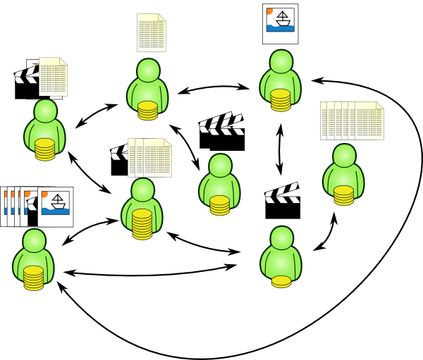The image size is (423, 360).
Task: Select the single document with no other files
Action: pos(151,32)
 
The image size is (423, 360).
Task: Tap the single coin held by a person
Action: pos(281,281)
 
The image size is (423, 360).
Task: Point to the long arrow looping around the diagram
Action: pos(395,211)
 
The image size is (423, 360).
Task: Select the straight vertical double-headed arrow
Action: pos(280,150)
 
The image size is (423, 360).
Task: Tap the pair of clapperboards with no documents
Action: pos(222,132)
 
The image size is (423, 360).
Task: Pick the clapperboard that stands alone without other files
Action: pos(282,201)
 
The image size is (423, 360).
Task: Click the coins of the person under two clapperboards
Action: pos(219,205)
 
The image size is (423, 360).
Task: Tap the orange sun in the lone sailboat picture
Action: pos(269,11)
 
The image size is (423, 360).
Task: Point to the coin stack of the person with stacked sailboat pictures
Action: pos(33,278)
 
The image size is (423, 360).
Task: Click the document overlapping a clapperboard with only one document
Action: pos(54,76)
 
